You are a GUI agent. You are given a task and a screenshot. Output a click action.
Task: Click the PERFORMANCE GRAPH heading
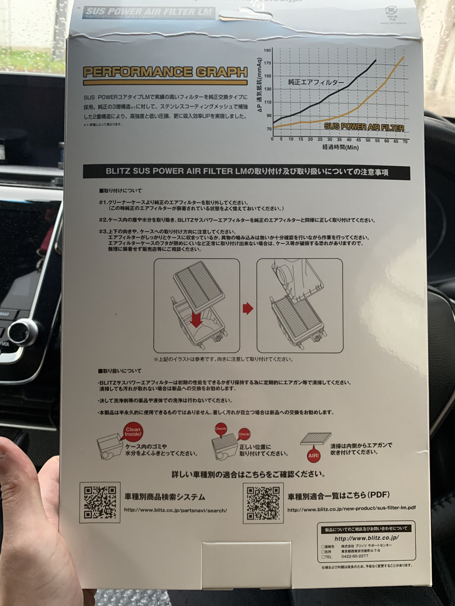pos(165,72)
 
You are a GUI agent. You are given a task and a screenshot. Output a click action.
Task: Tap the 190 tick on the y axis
pos(267,50)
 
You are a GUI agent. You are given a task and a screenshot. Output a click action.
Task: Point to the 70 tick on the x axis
pos(405,141)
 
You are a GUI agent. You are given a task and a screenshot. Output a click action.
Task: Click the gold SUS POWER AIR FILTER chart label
pos(364,127)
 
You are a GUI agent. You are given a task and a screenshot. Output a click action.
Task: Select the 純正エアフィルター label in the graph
pos(316,82)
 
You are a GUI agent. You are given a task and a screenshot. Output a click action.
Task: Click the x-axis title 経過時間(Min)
pos(340,147)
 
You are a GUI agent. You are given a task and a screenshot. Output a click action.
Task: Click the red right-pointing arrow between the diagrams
pos(248,308)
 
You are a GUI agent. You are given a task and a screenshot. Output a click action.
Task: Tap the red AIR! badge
pos(313,455)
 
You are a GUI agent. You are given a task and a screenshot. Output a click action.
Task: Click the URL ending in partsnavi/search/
pos(175,510)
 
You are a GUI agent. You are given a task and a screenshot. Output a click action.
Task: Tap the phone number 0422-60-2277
pos(355,556)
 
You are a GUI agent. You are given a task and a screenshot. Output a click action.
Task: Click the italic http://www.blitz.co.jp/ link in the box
pos(367,538)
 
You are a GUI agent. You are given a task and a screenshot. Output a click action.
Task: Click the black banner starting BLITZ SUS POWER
pos(246,172)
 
